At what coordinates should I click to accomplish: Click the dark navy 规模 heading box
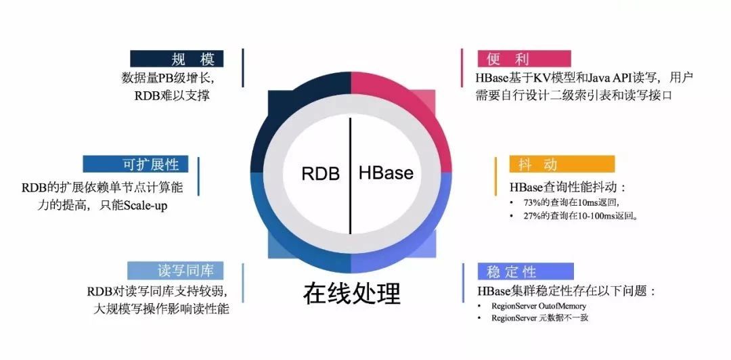pos(177,58)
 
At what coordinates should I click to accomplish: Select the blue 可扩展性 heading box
pos(135,164)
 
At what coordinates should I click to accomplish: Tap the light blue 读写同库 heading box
pos(176,271)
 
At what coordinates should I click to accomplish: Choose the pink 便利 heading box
pos(524,59)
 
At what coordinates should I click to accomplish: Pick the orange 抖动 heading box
pos(562,164)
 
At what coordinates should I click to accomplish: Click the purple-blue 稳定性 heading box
pos(525,271)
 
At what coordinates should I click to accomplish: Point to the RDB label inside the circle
pos(321,173)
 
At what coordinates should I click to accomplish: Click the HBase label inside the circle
pos(386,173)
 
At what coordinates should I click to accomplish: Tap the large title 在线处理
pos(352,293)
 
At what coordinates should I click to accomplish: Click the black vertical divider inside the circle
pos(350,175)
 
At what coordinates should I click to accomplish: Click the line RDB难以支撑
pos(172,95)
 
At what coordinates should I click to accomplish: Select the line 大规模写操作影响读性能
pos(161,309)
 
